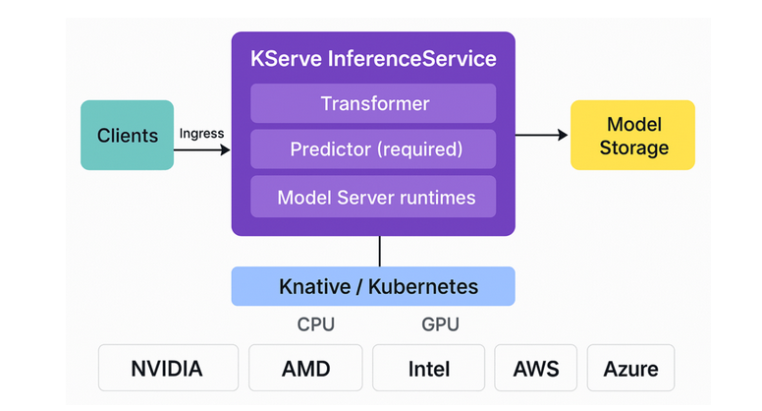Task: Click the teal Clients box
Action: (127, 135)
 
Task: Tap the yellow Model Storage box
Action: (632, 135)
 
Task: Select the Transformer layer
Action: (373, 103)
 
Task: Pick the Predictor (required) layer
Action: (373, 149)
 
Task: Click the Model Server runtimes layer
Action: (373, 197)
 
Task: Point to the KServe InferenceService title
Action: (373, 58)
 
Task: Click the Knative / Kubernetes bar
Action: (373, 286)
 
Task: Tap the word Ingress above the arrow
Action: (201, 133)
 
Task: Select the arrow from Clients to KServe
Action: (202, 150)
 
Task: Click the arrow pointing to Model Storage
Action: (542, 135)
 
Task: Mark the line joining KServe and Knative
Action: (379, 251)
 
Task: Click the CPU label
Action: (315, 324)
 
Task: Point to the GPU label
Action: (440, 324)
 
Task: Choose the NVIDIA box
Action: (167, 369)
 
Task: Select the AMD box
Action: (305, 369)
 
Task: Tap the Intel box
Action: (428, 369)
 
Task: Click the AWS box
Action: (535, 369)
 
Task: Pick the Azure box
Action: (630, 369)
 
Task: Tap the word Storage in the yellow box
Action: (634, 148)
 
